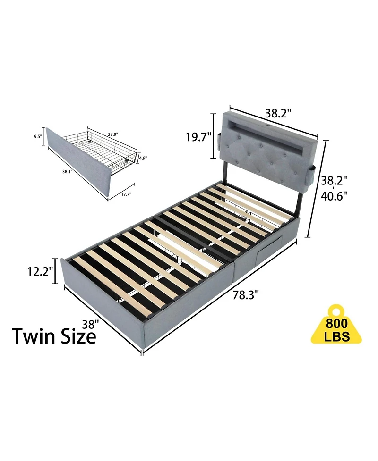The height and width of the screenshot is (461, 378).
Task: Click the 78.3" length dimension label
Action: tap(245, 296)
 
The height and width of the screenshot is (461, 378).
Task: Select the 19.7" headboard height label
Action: tap(198, 137)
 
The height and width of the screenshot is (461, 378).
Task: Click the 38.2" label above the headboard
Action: tap(278, 113)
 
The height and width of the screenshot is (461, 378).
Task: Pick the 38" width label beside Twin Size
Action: tap(89, 324)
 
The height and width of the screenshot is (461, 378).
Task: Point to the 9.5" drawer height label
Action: tap(38, 137)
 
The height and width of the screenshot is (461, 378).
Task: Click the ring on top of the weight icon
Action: tap(336, 311)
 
